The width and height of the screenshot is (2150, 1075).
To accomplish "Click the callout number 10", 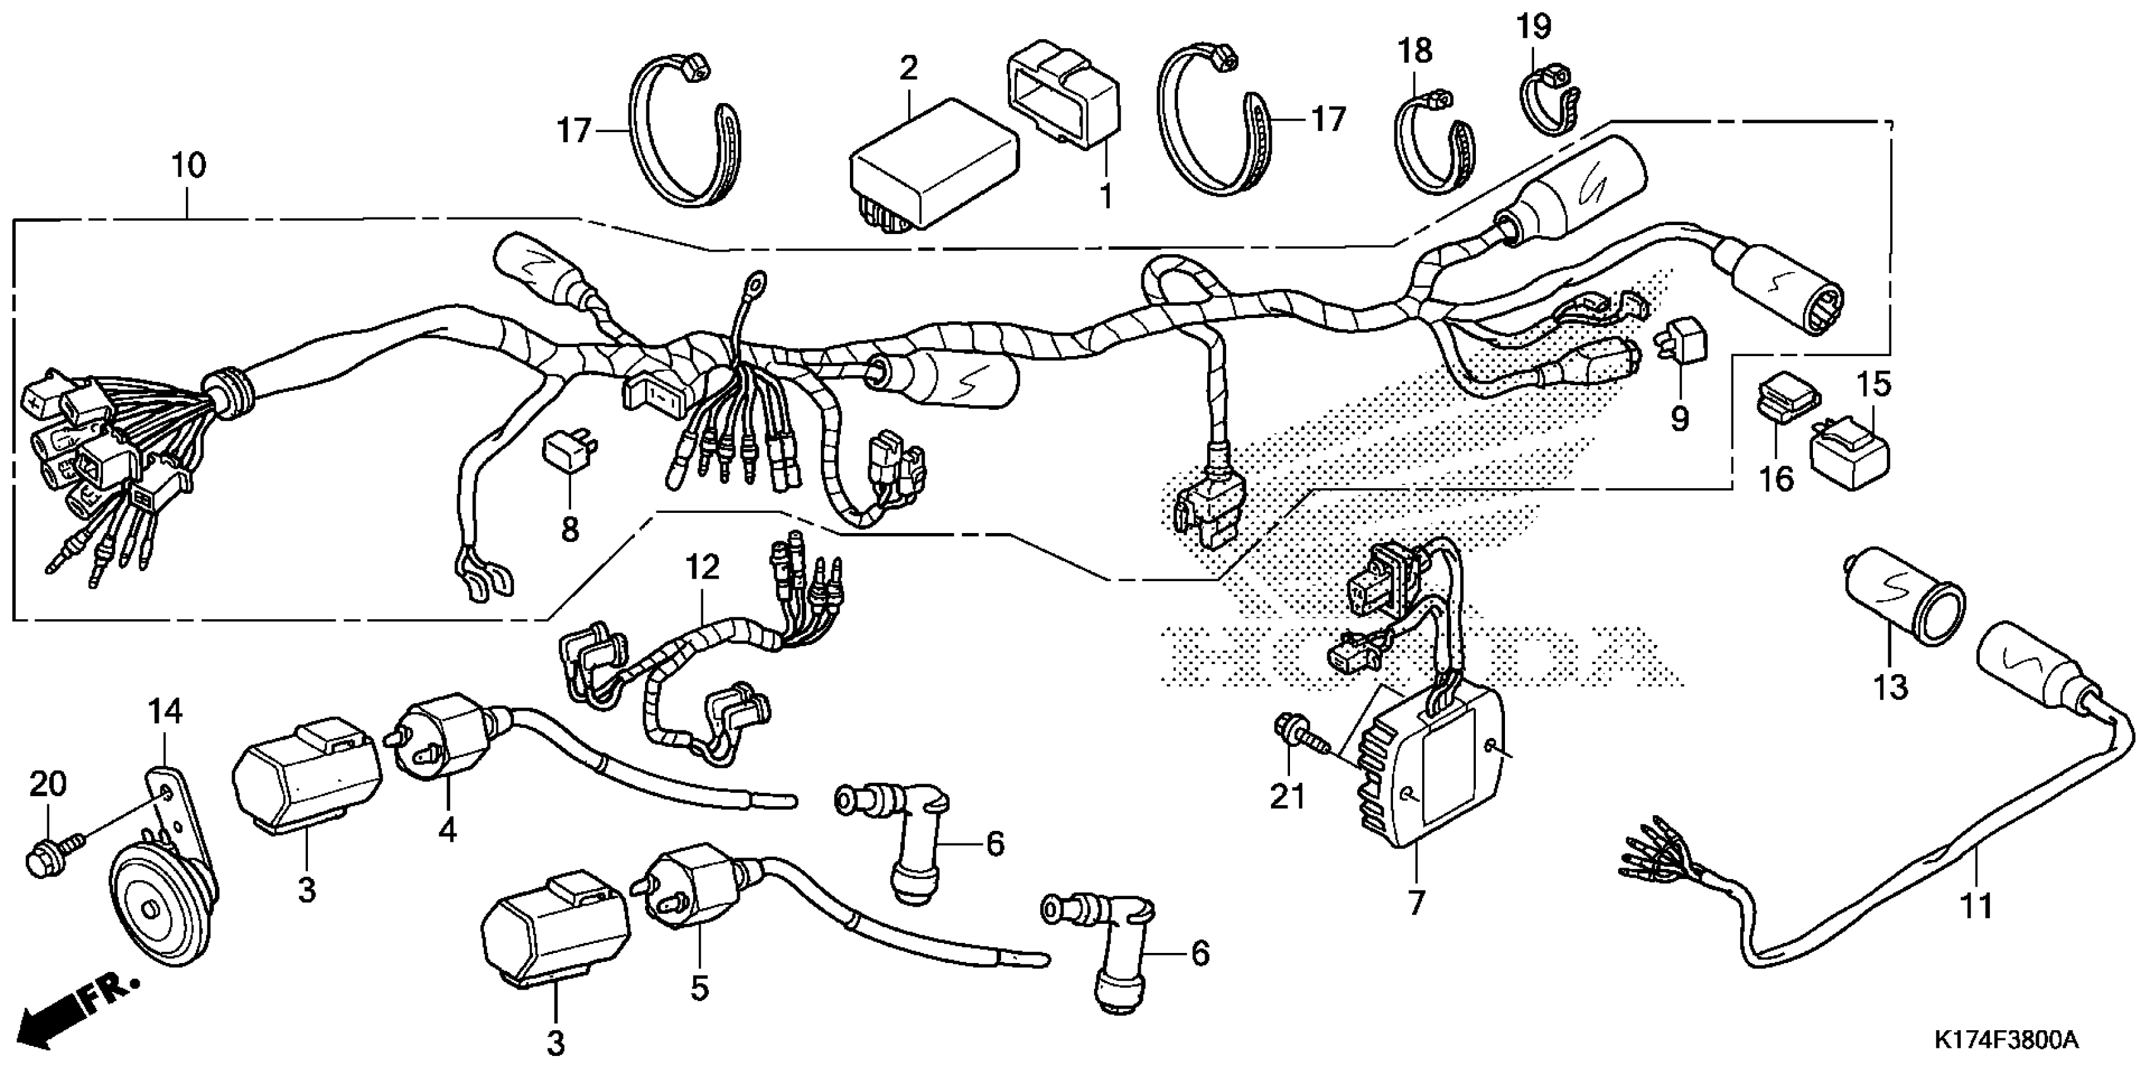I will [x=188, y=166].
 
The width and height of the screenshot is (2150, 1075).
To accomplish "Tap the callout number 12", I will [x=702, y=568].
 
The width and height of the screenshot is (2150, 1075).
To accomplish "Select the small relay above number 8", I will [x=570, y=451].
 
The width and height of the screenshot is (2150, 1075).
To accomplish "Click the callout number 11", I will [x=1975, y=906].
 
